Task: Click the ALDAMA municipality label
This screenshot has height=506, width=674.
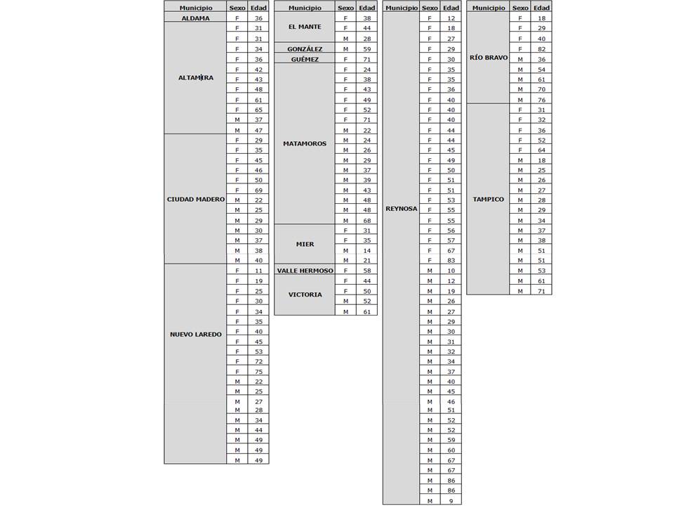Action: pos(195,18)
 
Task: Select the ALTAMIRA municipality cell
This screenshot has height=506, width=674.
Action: pos(195,78)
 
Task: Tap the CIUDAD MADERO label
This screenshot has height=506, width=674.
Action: pos(195,200)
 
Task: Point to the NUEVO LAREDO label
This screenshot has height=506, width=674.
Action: pos(195,335)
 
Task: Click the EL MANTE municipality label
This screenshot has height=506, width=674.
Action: pos(305,27)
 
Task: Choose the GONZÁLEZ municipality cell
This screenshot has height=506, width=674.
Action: pos(305,49)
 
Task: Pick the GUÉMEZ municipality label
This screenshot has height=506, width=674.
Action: pos(305,60)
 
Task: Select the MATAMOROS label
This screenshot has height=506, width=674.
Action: pos(305,144)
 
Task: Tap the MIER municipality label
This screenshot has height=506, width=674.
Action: pos(305,245)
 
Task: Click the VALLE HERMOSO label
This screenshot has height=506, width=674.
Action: pos(305,271)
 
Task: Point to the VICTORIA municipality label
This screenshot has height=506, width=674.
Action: pos(305,294)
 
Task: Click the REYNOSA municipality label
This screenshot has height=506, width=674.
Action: pos(401,209)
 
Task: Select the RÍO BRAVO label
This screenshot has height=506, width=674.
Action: pos(488,58)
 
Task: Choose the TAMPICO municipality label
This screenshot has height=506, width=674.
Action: pos(488,200)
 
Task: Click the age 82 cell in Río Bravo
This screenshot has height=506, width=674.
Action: pos(541,48)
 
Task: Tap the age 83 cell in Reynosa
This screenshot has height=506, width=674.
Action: pos(451,261)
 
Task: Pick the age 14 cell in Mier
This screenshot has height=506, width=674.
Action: pos(366,250)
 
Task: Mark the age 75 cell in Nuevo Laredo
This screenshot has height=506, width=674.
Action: pos(258,372)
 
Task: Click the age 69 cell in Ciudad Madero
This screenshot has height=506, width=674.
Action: pos(258,190)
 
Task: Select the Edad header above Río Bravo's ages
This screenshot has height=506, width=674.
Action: pos(541,7)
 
